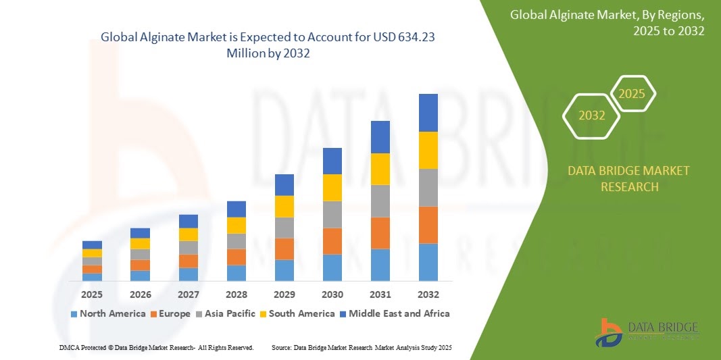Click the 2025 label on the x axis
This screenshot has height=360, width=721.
click(x=92, y=294)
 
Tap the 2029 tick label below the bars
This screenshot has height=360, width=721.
click(x=284, y=294)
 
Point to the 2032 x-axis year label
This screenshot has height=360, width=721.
click(x=428, y=294)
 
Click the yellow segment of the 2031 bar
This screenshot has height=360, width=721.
click(x=380, y=169)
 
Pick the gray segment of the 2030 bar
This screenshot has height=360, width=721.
click(x=332, y=215)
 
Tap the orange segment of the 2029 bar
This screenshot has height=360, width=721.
click(x=284, y=249)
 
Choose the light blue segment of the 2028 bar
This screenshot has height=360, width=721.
click(x=237, y=273)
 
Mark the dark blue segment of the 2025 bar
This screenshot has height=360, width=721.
click(x=92, y=245)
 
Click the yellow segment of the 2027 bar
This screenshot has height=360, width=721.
click(x=189, y=234)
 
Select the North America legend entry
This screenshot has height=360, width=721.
click(x=108, y=313)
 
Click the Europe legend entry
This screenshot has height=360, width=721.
click(x=170, y=313)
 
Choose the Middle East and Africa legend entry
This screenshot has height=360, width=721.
click(x=395, y=313)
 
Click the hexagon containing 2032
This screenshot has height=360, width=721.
click(x=592, y=115)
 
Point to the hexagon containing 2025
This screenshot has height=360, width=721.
click(x=632, y=94)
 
